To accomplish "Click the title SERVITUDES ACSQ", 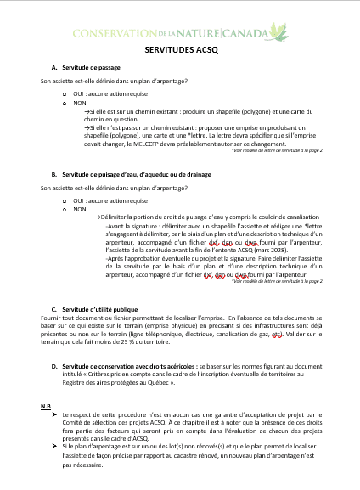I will point(180,51).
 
